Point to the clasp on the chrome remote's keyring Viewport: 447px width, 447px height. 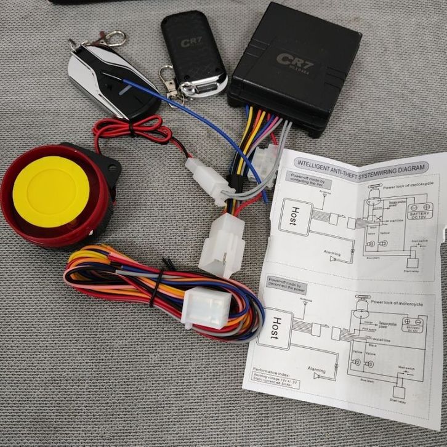coord(114,38)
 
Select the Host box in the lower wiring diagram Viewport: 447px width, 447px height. coord(278,326)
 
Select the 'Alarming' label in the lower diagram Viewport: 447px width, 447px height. coord(315,371)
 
